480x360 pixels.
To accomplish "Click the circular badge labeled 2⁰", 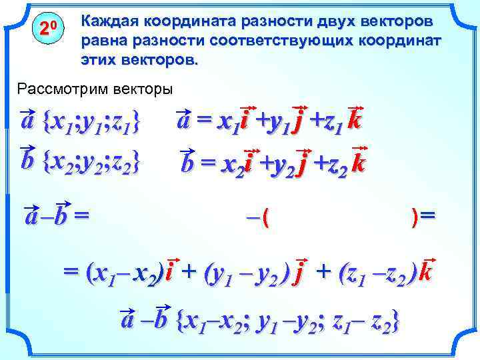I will [x=47, y=29].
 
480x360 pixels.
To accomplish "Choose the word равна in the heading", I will [x=98, y=41].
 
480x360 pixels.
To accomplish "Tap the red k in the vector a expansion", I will [x=355, y=121].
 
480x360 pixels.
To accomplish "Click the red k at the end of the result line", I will [x=427, y=272].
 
